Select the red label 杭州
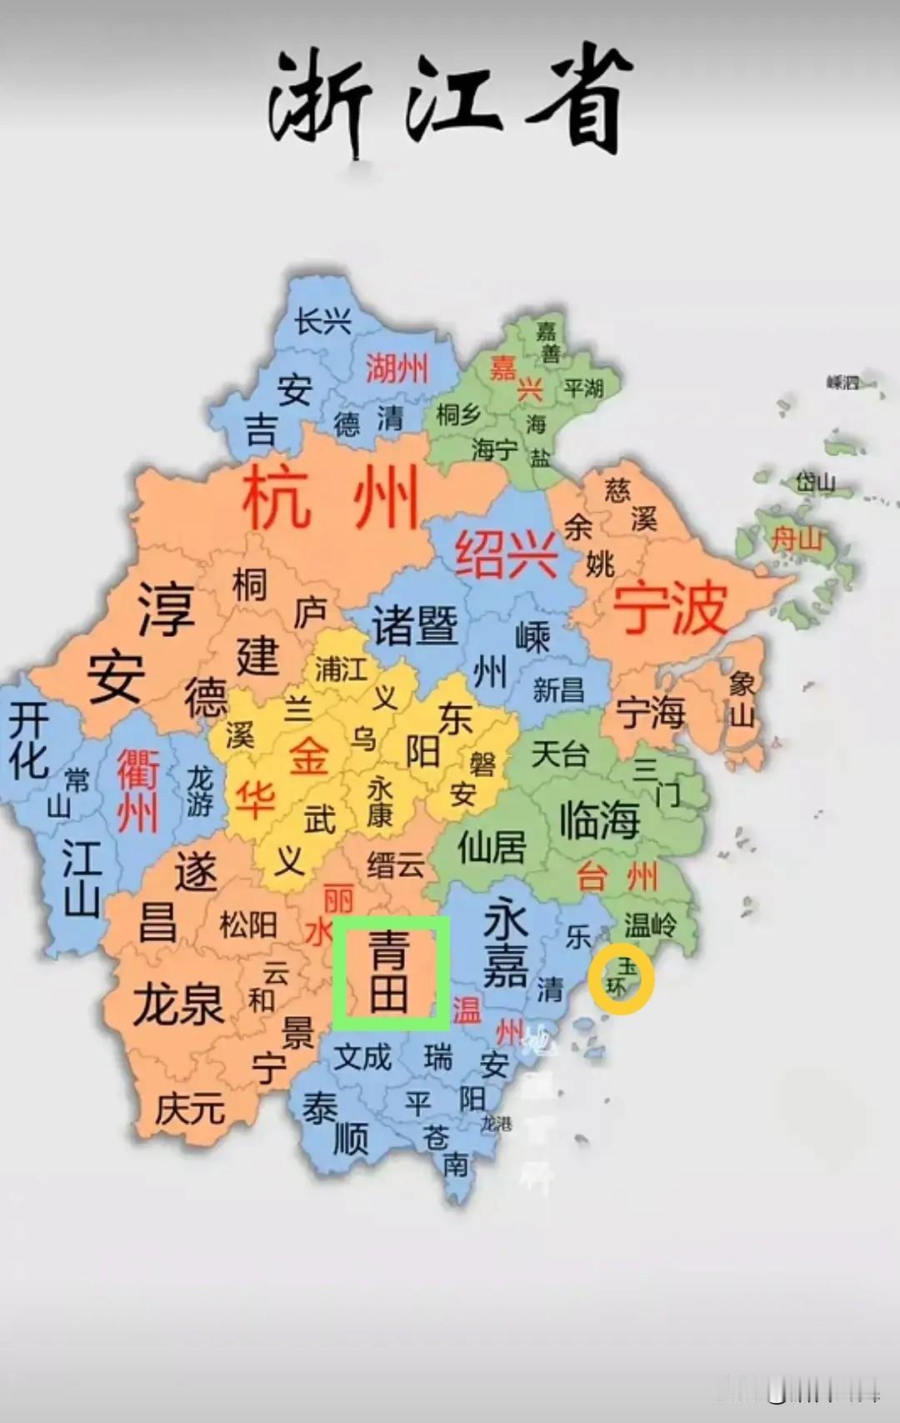click(x=330, y=499)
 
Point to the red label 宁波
click(x=670, y=609)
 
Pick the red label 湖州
click(x=397, y=368)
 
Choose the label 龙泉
click(x=178, y=1003)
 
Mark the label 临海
click(x=599, y=819)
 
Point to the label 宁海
click(x=650, y=713)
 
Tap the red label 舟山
click(x=797, y=539)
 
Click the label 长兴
click(x=322, y=321)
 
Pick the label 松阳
click(x=247, y=924)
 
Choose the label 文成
click(x=362, y=1057)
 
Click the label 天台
click(x=559, y=754)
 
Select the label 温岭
click(x=650, y=924)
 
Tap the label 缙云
click(x=395, y=865)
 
